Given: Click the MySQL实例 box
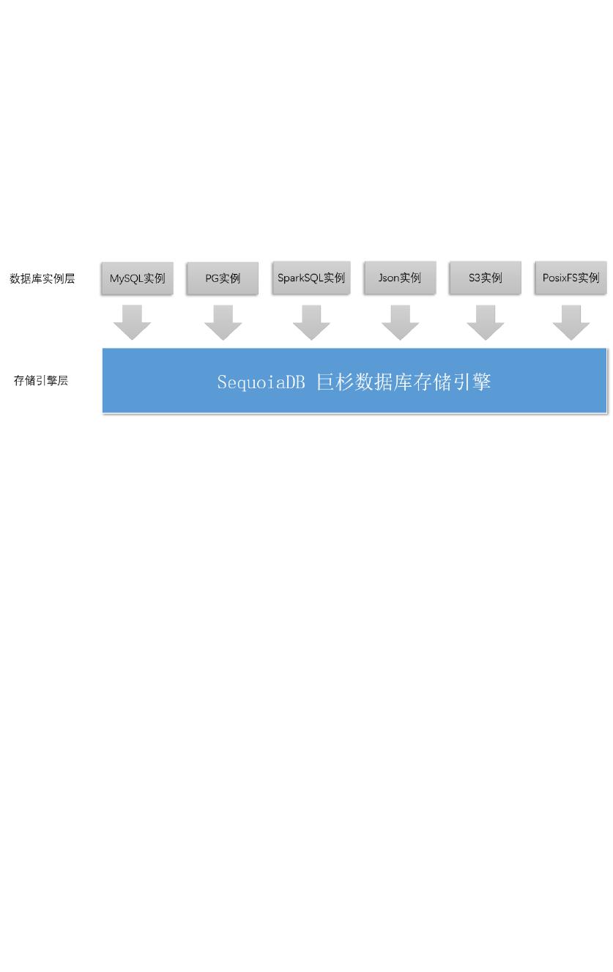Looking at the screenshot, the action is (137, 278).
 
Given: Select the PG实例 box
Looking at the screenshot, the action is (223, 278).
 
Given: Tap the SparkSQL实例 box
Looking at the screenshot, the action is (311, 278).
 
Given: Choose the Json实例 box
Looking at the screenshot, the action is (400, 278).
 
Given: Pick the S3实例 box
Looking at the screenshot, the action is (485, 278).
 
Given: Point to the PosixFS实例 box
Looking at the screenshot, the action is (571, 278).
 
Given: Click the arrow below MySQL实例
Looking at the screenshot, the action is (133, 322).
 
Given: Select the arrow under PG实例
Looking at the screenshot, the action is (223, 322).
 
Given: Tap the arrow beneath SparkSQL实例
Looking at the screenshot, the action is (311, 322).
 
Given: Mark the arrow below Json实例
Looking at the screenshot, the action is (400, 322).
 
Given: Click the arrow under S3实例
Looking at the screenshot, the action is (485, 322).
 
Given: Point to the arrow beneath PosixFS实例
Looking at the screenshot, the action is (571, 322).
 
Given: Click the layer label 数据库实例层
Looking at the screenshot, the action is (42, 278).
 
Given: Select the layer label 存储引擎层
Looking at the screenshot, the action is (41, 381).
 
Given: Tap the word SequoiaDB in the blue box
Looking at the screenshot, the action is (261, 382).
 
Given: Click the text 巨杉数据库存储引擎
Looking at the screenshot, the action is (404, 382).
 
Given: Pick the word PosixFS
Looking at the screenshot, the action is (560, 278).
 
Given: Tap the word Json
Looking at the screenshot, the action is (388, 278).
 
